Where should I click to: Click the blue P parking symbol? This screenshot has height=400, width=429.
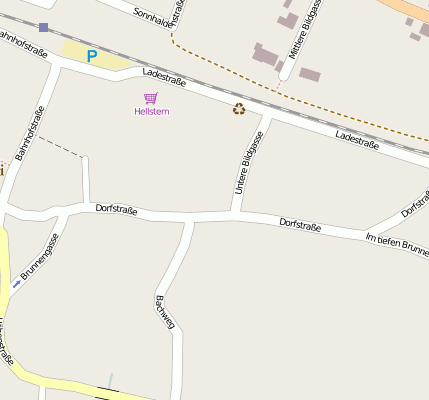tap(92, 56)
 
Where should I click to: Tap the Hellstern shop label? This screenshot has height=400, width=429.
tap(152, 111)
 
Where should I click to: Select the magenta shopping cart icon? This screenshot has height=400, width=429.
tap(151, 98)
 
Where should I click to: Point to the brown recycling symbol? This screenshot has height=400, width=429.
tap(239, 108)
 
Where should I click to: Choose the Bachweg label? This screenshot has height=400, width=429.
tap(165, 312)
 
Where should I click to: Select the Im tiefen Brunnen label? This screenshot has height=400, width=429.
tap(397, 241)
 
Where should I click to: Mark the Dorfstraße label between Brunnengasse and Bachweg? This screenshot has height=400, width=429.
tap(116, 209)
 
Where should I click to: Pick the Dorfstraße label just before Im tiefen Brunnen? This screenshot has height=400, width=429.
tap(300, 225)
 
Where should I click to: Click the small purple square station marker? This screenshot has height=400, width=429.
tap(43, 27)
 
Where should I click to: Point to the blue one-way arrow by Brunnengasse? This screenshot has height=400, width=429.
tap(16, 283)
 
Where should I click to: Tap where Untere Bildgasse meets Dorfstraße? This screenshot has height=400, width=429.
tap(236, 214)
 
